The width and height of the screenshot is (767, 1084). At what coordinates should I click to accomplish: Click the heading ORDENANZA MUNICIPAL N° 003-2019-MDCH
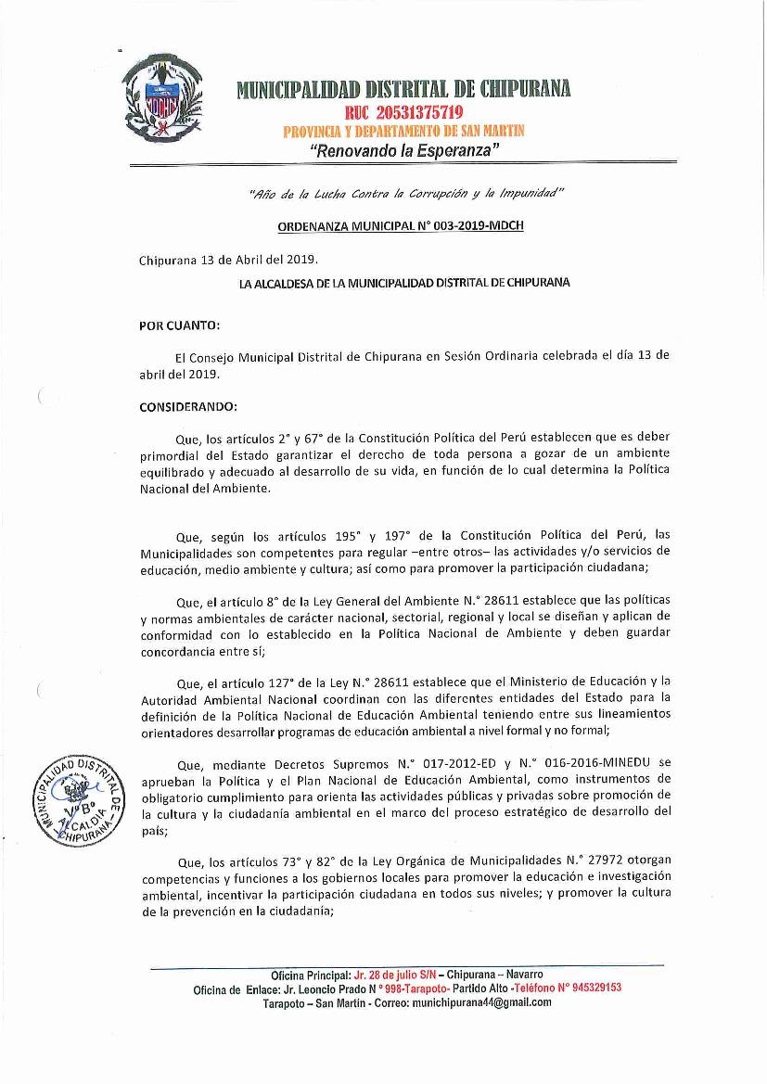(401, 226)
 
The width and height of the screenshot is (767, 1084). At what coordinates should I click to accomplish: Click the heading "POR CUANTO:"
(179, 325)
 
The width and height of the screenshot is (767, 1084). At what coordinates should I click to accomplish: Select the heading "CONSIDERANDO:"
(188, 406)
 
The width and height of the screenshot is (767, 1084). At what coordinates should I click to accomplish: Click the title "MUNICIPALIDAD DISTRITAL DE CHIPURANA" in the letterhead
(403, 89)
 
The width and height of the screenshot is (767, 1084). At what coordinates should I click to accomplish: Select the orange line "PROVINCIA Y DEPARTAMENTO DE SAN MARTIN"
(403, 132)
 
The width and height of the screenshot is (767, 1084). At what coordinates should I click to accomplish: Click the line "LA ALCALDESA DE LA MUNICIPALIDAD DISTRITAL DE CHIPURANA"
(404, 281)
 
